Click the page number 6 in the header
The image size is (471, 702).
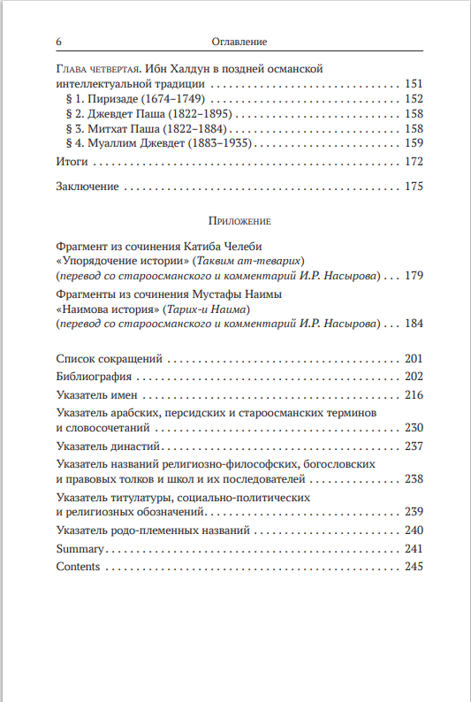coord(58,42)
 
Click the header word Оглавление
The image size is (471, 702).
coord(240,42)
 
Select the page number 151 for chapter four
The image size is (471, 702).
coord(414,84)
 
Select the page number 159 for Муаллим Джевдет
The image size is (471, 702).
coord(414,143)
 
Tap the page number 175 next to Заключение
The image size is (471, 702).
coord(414,187)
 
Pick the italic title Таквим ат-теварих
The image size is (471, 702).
coord(254,262)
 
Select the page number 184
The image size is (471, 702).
coord(414,324)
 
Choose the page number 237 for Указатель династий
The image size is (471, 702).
coord(414,446)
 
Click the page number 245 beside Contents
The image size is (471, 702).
coord(414,567)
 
